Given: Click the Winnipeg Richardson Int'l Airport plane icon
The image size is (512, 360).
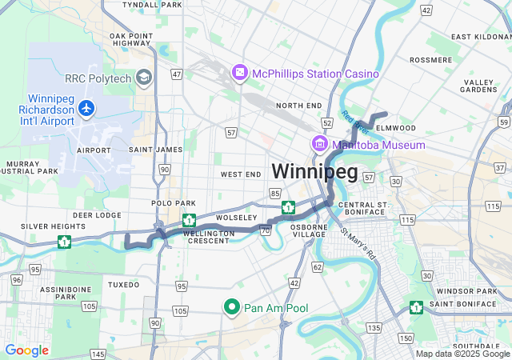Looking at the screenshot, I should click(x=86, y=107).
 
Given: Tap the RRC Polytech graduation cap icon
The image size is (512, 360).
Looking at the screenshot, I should click(x=144, y=77).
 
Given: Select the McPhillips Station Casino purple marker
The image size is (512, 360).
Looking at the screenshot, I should click(x=239, y=74).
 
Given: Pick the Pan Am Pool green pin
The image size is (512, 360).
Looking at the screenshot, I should click(x=232, y=307).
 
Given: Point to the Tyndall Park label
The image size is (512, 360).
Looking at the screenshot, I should click(x=153, y=5).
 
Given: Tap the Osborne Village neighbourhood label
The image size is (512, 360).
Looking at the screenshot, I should click(x=309, y=230).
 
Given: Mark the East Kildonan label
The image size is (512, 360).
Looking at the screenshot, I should click(x=480, y=37).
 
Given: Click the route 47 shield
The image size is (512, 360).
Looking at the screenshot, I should click(x=177, y=74).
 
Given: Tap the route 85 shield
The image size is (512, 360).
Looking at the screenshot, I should click(x=275, y=193).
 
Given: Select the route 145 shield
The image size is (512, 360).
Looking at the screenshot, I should click(x=98, y=354).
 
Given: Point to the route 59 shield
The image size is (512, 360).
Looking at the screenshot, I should click(x=503, y=121).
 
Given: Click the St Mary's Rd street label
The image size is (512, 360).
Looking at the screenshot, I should click(x=358, y=245).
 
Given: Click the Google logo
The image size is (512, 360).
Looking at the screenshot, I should click(x=26, y=350).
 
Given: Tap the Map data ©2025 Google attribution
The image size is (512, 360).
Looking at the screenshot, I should click(x=462, y=354).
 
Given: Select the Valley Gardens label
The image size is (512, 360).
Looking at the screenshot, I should click(x=479, y=86).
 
